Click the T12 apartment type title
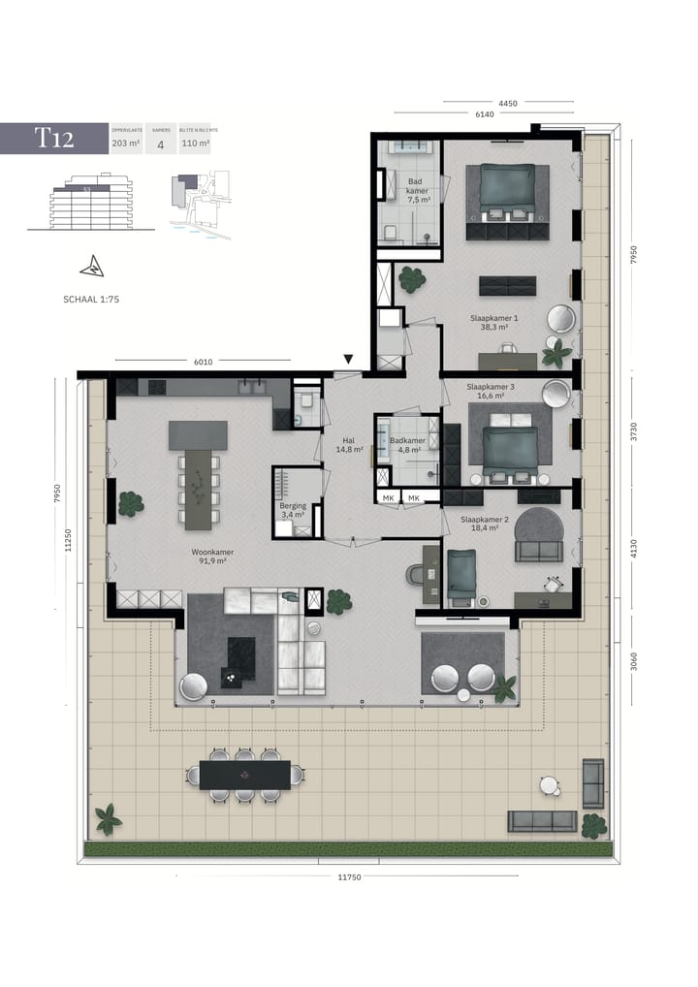click(x=54, y=138)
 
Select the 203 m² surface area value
click(x=124, y=143)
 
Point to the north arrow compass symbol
click(x=92, y=265)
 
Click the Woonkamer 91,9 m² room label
click(x=211, y=557)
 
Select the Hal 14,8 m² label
click(x=349, y=444)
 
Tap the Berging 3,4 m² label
click(x=293, y=510)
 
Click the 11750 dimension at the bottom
click(x=349, y=877)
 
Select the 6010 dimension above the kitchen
click(x=203, y=362)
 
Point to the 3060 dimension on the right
click(x=633, y=661)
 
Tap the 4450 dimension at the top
click(x=508, y=103)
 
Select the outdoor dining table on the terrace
click(x=244, y=775)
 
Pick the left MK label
click(x=388, y=497)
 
